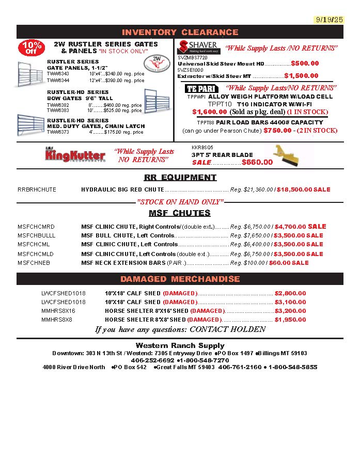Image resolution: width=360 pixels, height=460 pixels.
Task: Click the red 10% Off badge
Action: click(32, 47)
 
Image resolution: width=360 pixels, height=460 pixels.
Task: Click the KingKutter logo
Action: click(75, 155)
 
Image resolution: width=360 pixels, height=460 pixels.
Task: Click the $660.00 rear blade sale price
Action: click(257, 162)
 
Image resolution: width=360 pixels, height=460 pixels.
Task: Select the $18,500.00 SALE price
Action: click(303, 189)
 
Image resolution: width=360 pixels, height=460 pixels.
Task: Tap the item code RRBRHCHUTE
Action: click(37, 189)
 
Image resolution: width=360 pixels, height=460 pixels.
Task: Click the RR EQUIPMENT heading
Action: click(180, 178)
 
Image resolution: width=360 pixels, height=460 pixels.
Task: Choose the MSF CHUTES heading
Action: click(180, 213)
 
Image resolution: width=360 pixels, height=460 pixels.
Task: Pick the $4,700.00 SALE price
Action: click(301, 226)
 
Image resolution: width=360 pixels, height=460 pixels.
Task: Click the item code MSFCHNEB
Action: click(34, 263)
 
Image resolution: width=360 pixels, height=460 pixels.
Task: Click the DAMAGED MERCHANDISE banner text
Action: click(180, 279)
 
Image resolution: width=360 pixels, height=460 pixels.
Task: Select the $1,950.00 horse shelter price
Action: click(290, 320)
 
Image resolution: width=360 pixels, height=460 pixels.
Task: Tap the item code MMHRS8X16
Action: click(58, 311)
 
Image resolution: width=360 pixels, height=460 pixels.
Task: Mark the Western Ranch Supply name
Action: click(180, 345)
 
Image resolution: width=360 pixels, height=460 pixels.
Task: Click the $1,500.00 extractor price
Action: click(301, 76)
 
